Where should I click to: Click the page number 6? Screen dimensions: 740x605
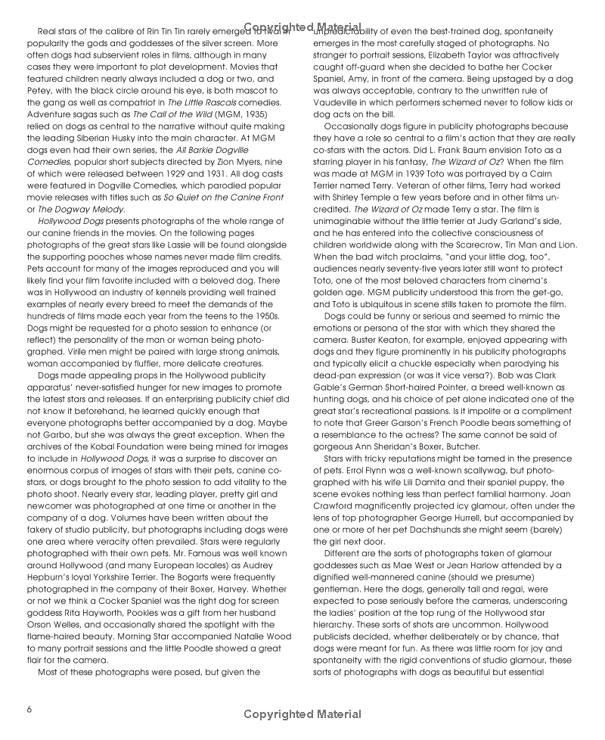29,709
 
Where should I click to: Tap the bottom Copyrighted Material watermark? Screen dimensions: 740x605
302,714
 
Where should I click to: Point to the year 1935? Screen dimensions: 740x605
247,113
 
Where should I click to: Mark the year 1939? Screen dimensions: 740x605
419,175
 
